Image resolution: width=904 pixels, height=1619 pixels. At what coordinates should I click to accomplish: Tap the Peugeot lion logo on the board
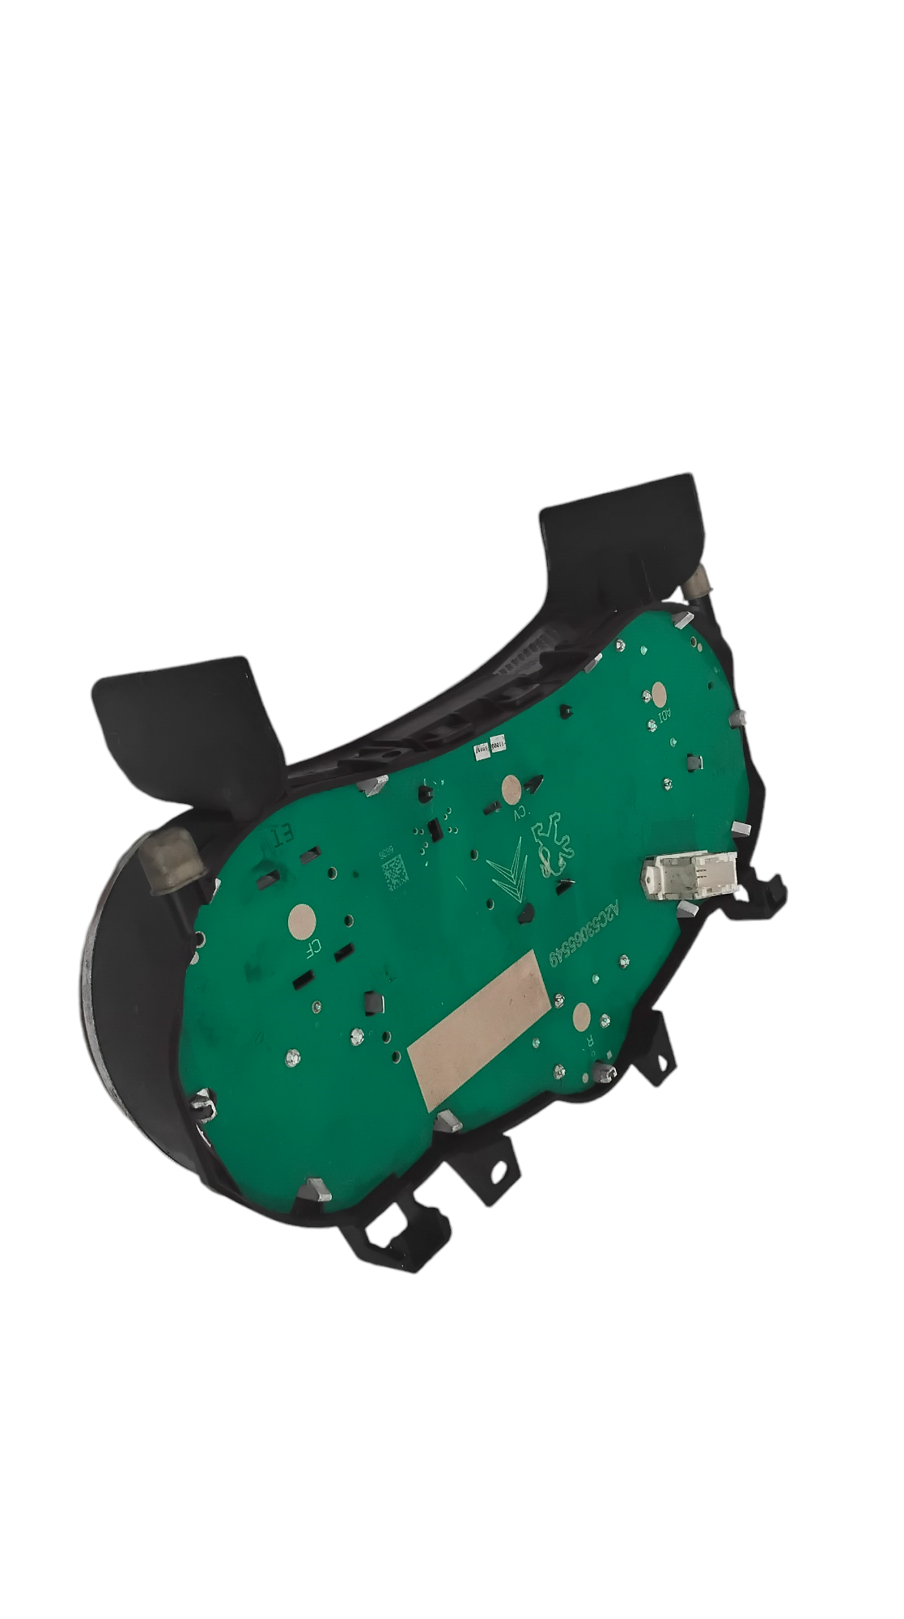[x=554, y=852]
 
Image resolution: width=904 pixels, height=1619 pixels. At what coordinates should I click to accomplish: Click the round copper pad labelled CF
[x=302, y=919]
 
